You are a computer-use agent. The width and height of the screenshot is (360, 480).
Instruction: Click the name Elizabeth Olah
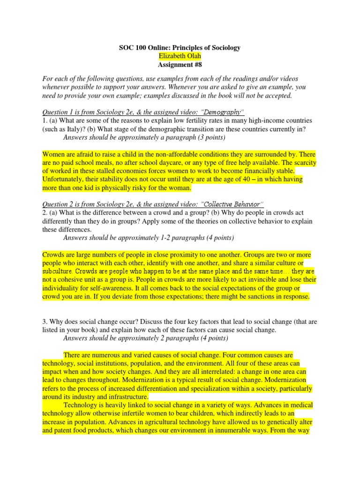pyautogui.click(x=180, y=56)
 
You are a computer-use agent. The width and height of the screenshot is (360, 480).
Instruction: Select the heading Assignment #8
pyautogui.click(x=180, y=65)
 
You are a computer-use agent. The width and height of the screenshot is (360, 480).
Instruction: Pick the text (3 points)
pyautogui.click(x=211, y=137)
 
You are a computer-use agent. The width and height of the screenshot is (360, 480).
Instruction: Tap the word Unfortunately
pyautogui.click(x=63, y=180)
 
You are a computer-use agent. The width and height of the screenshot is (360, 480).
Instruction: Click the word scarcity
pyautogui.click(x=304, y=163)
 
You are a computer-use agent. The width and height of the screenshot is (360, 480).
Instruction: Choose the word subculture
pyautogui.click(x=58, y=271)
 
